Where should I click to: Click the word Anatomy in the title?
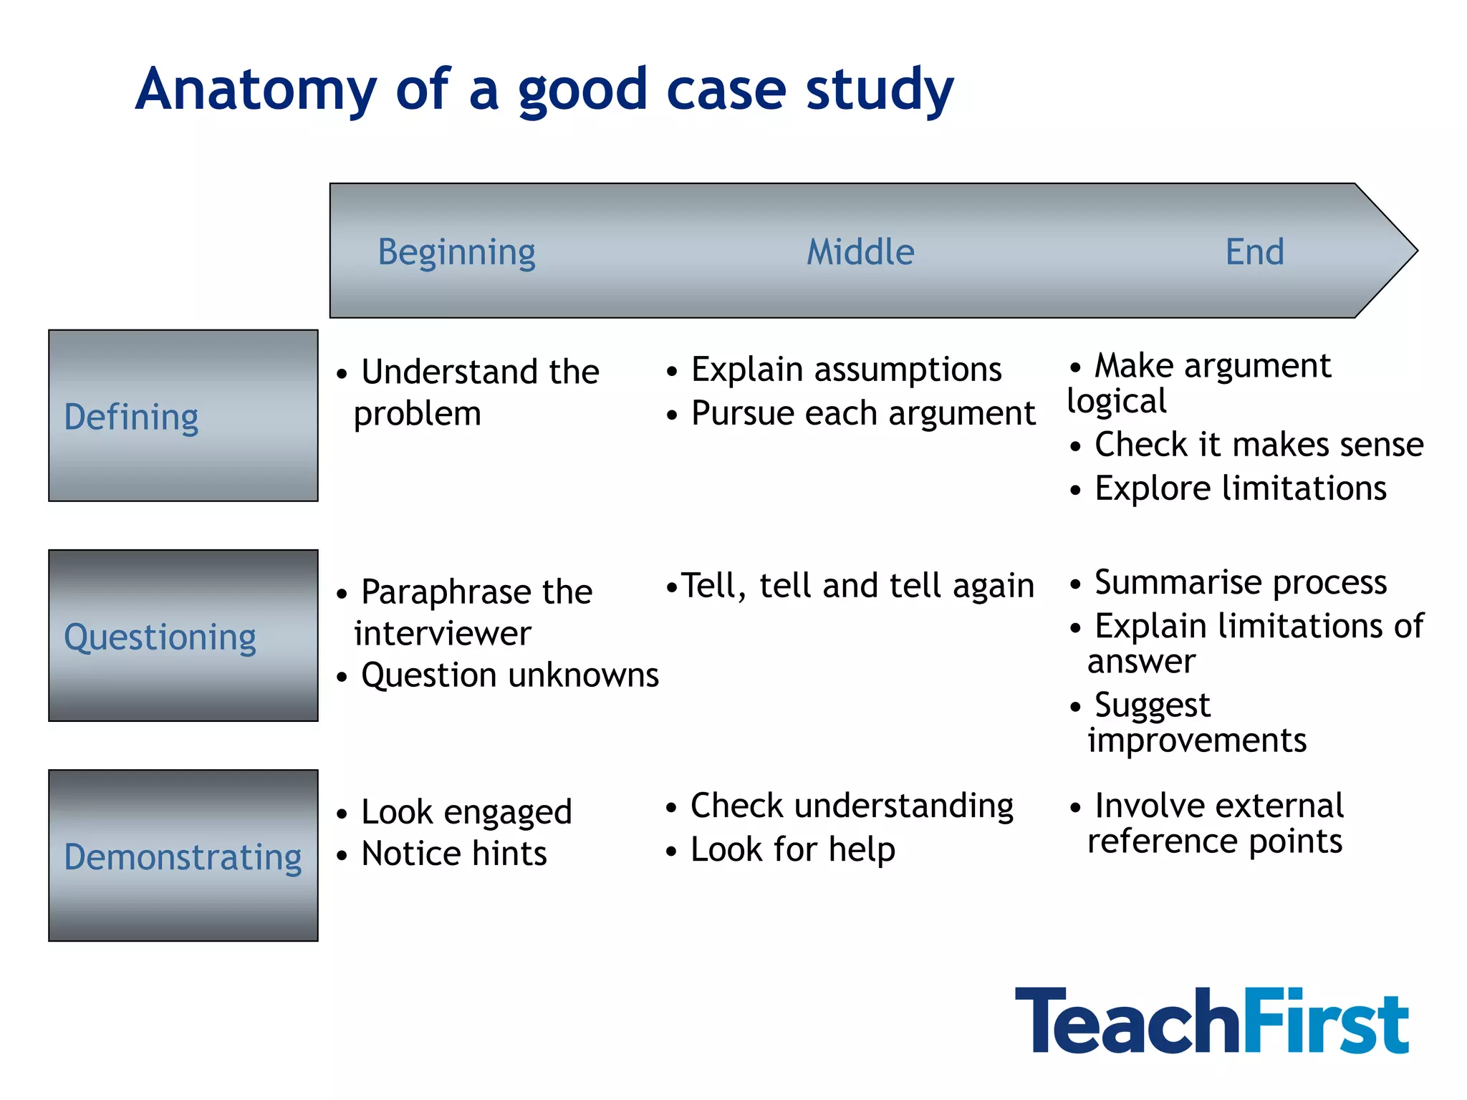pos(256,90)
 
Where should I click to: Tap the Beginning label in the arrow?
pos(456,252)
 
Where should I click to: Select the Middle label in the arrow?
pos(860,252)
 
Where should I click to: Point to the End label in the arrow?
pos(1254,252)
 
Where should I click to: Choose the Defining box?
pos(183,415)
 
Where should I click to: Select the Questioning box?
pos(183,635)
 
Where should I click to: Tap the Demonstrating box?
pos(183,855)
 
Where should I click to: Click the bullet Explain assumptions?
pos(845,370)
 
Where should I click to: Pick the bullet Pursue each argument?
pos(862,414)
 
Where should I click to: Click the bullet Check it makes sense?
pos(1259,445)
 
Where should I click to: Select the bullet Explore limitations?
pos(1240,488)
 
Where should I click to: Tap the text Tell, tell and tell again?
pos(857,586)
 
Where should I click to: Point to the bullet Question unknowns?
pos(509,675)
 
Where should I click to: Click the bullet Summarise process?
pos(1240,582)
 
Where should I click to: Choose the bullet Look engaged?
pos(466,812)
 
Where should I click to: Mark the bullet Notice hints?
pos(453,854)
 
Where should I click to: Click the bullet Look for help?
pos(792,850)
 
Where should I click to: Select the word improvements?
pos(1196,740)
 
